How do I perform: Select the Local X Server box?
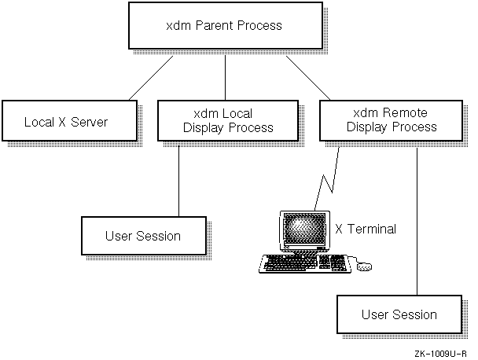pos(65,122)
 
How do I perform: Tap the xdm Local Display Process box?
pos(227,121)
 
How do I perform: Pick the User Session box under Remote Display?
pos(399,314)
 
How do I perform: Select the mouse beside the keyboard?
pos(364,266)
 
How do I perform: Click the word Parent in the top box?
pos(229,27)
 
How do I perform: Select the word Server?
pos(89,122)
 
